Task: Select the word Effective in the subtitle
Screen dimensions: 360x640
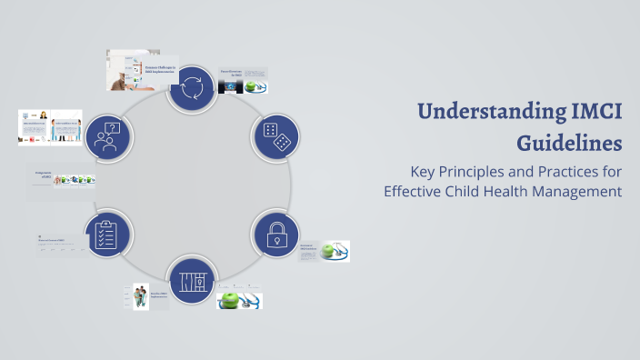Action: click(414, 192)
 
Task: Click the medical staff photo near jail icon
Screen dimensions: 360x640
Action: click(141, 295)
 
